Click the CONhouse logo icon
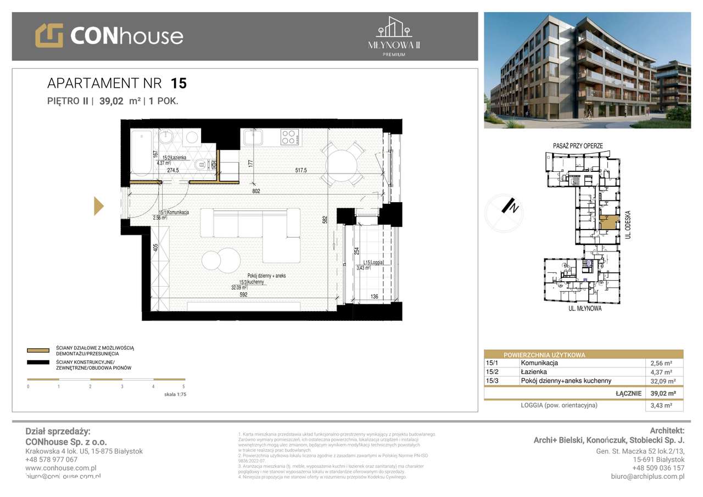pyautogui.click(x=49, y=35)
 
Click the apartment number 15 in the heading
pyautogui.click(x=178, y=83)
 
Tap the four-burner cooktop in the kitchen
pyautogui.click(x=290, y=137)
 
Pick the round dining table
pyautogui.click(x=343, y=163)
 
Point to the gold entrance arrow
pyautogui.click(x=99, y=205)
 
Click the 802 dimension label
pyautogui.click(x=256, y=191)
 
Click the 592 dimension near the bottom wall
pyautogui.click(x=244, y=294)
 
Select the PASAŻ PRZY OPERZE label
pyautogui.click(x=578, y=146)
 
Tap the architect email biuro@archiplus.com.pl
pyautogui.click(x=648, y=476)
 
